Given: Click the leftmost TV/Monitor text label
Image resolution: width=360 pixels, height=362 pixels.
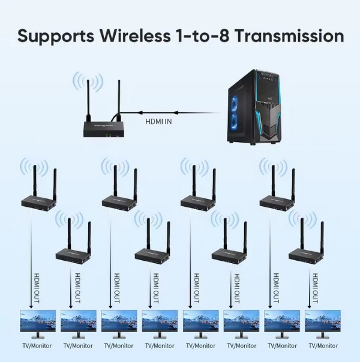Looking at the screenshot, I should (37, 346).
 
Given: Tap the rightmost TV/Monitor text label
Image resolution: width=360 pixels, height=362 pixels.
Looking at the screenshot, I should (323, 346).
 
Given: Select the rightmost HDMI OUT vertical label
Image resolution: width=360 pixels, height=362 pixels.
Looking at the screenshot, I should (316, 286).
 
